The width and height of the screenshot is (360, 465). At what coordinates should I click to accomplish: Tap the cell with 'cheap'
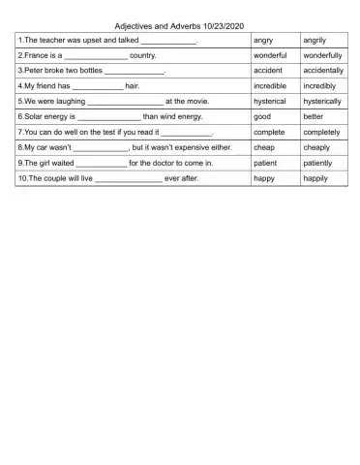coord(263,147)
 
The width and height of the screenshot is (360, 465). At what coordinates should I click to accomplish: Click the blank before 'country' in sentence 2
coord(96,58)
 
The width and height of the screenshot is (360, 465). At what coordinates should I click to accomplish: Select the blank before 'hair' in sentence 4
coord(91,87)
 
